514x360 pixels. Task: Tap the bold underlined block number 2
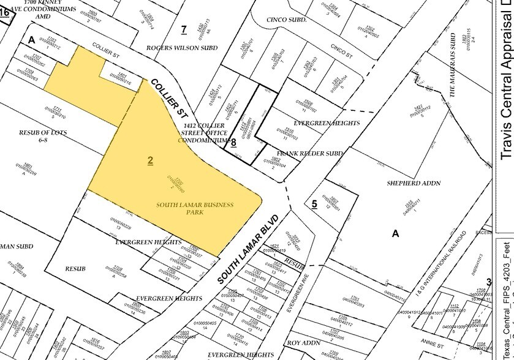pyautogui.click(x=150, y=161)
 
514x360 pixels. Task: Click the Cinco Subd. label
pyautogui.click(x=286, y=20)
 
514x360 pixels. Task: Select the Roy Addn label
pyautogui.click(x=303, y=343)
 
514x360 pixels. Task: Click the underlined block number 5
pyautogui.click(x=314, y=204)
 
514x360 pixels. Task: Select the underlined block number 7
pyautogui.click(x=183, y=29)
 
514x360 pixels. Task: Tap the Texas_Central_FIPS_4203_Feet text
pyautogui.click(x=506, y=300)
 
